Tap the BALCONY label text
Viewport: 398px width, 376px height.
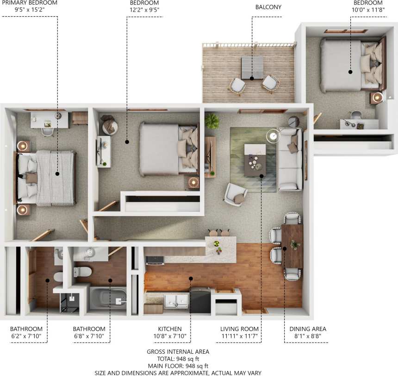[268, 7]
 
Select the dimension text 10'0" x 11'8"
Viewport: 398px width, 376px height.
[368, 10]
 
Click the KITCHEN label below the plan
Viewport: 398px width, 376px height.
[170, 329]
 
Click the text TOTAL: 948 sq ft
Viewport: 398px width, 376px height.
[178, 359]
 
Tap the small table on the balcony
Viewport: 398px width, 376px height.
[252, 67]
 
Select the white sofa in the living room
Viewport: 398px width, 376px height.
[290, 159]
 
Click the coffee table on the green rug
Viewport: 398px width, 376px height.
[255, 160]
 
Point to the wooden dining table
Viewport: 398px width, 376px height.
[292, 246]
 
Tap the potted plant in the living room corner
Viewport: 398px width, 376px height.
[212, 121]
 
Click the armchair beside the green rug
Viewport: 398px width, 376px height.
[235, 194]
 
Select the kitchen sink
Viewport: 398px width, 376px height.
[176, 301]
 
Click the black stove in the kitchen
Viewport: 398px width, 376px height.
[200, 300]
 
